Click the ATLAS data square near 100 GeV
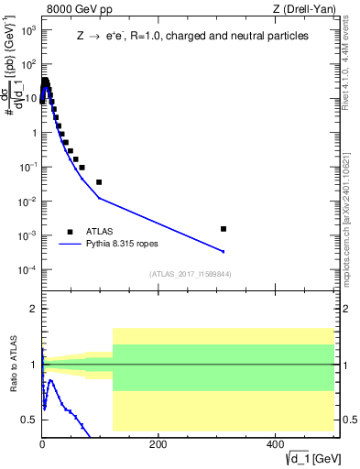tap(99, 182)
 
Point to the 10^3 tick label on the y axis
tap(27, 30)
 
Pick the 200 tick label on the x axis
tap(158, 443)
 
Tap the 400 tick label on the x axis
tap(274, 443)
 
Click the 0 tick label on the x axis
tap(42, 443)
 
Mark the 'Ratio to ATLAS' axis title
tap(15, 364)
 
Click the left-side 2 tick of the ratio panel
tap(33, 310)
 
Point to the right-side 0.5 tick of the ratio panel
tap(349, 420)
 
